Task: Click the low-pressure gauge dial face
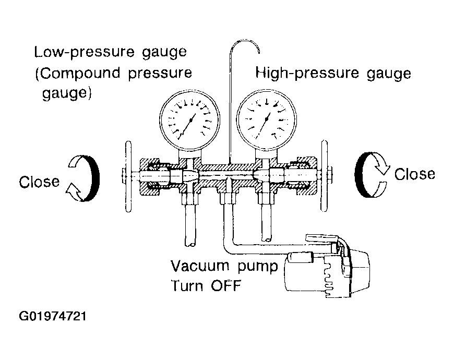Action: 189,120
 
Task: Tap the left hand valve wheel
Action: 128,176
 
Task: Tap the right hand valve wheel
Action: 325,176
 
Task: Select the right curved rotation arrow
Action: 360,175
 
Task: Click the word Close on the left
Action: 39,182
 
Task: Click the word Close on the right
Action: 415,174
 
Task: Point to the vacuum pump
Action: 327,269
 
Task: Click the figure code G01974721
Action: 53,316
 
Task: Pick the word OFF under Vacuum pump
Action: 226,286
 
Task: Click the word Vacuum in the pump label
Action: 200,266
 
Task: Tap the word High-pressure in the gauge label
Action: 307,73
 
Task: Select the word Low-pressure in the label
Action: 85,52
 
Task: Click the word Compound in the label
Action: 78,73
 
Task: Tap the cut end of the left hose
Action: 190,245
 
